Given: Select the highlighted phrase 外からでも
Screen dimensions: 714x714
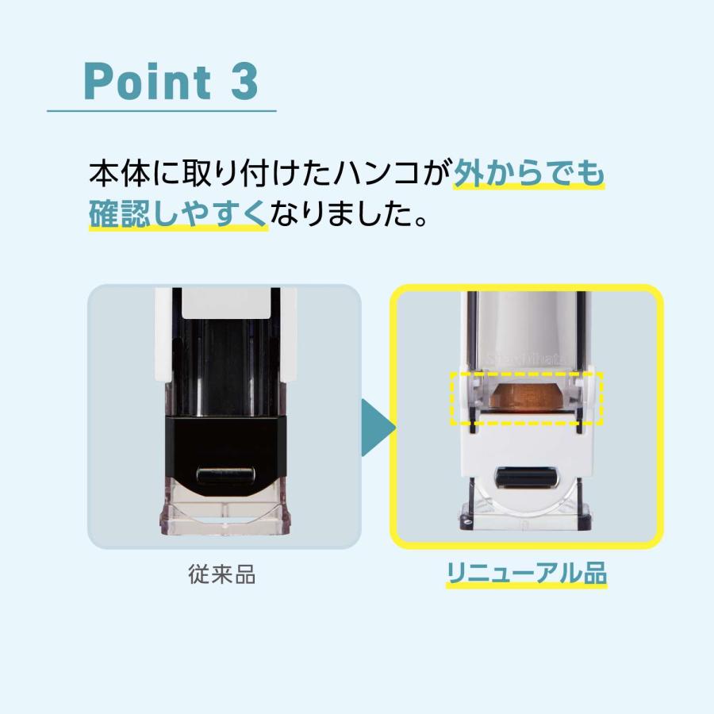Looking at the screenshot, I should click(528, 172).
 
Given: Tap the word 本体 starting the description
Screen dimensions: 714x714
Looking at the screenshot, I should click(116, 172).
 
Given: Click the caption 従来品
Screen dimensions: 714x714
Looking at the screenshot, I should click(224, 574).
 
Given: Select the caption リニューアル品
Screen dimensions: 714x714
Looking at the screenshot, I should click(527, 574).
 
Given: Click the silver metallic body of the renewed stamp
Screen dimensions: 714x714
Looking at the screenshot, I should click(527, 325).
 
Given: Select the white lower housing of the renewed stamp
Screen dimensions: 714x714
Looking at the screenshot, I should click(527, 448).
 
